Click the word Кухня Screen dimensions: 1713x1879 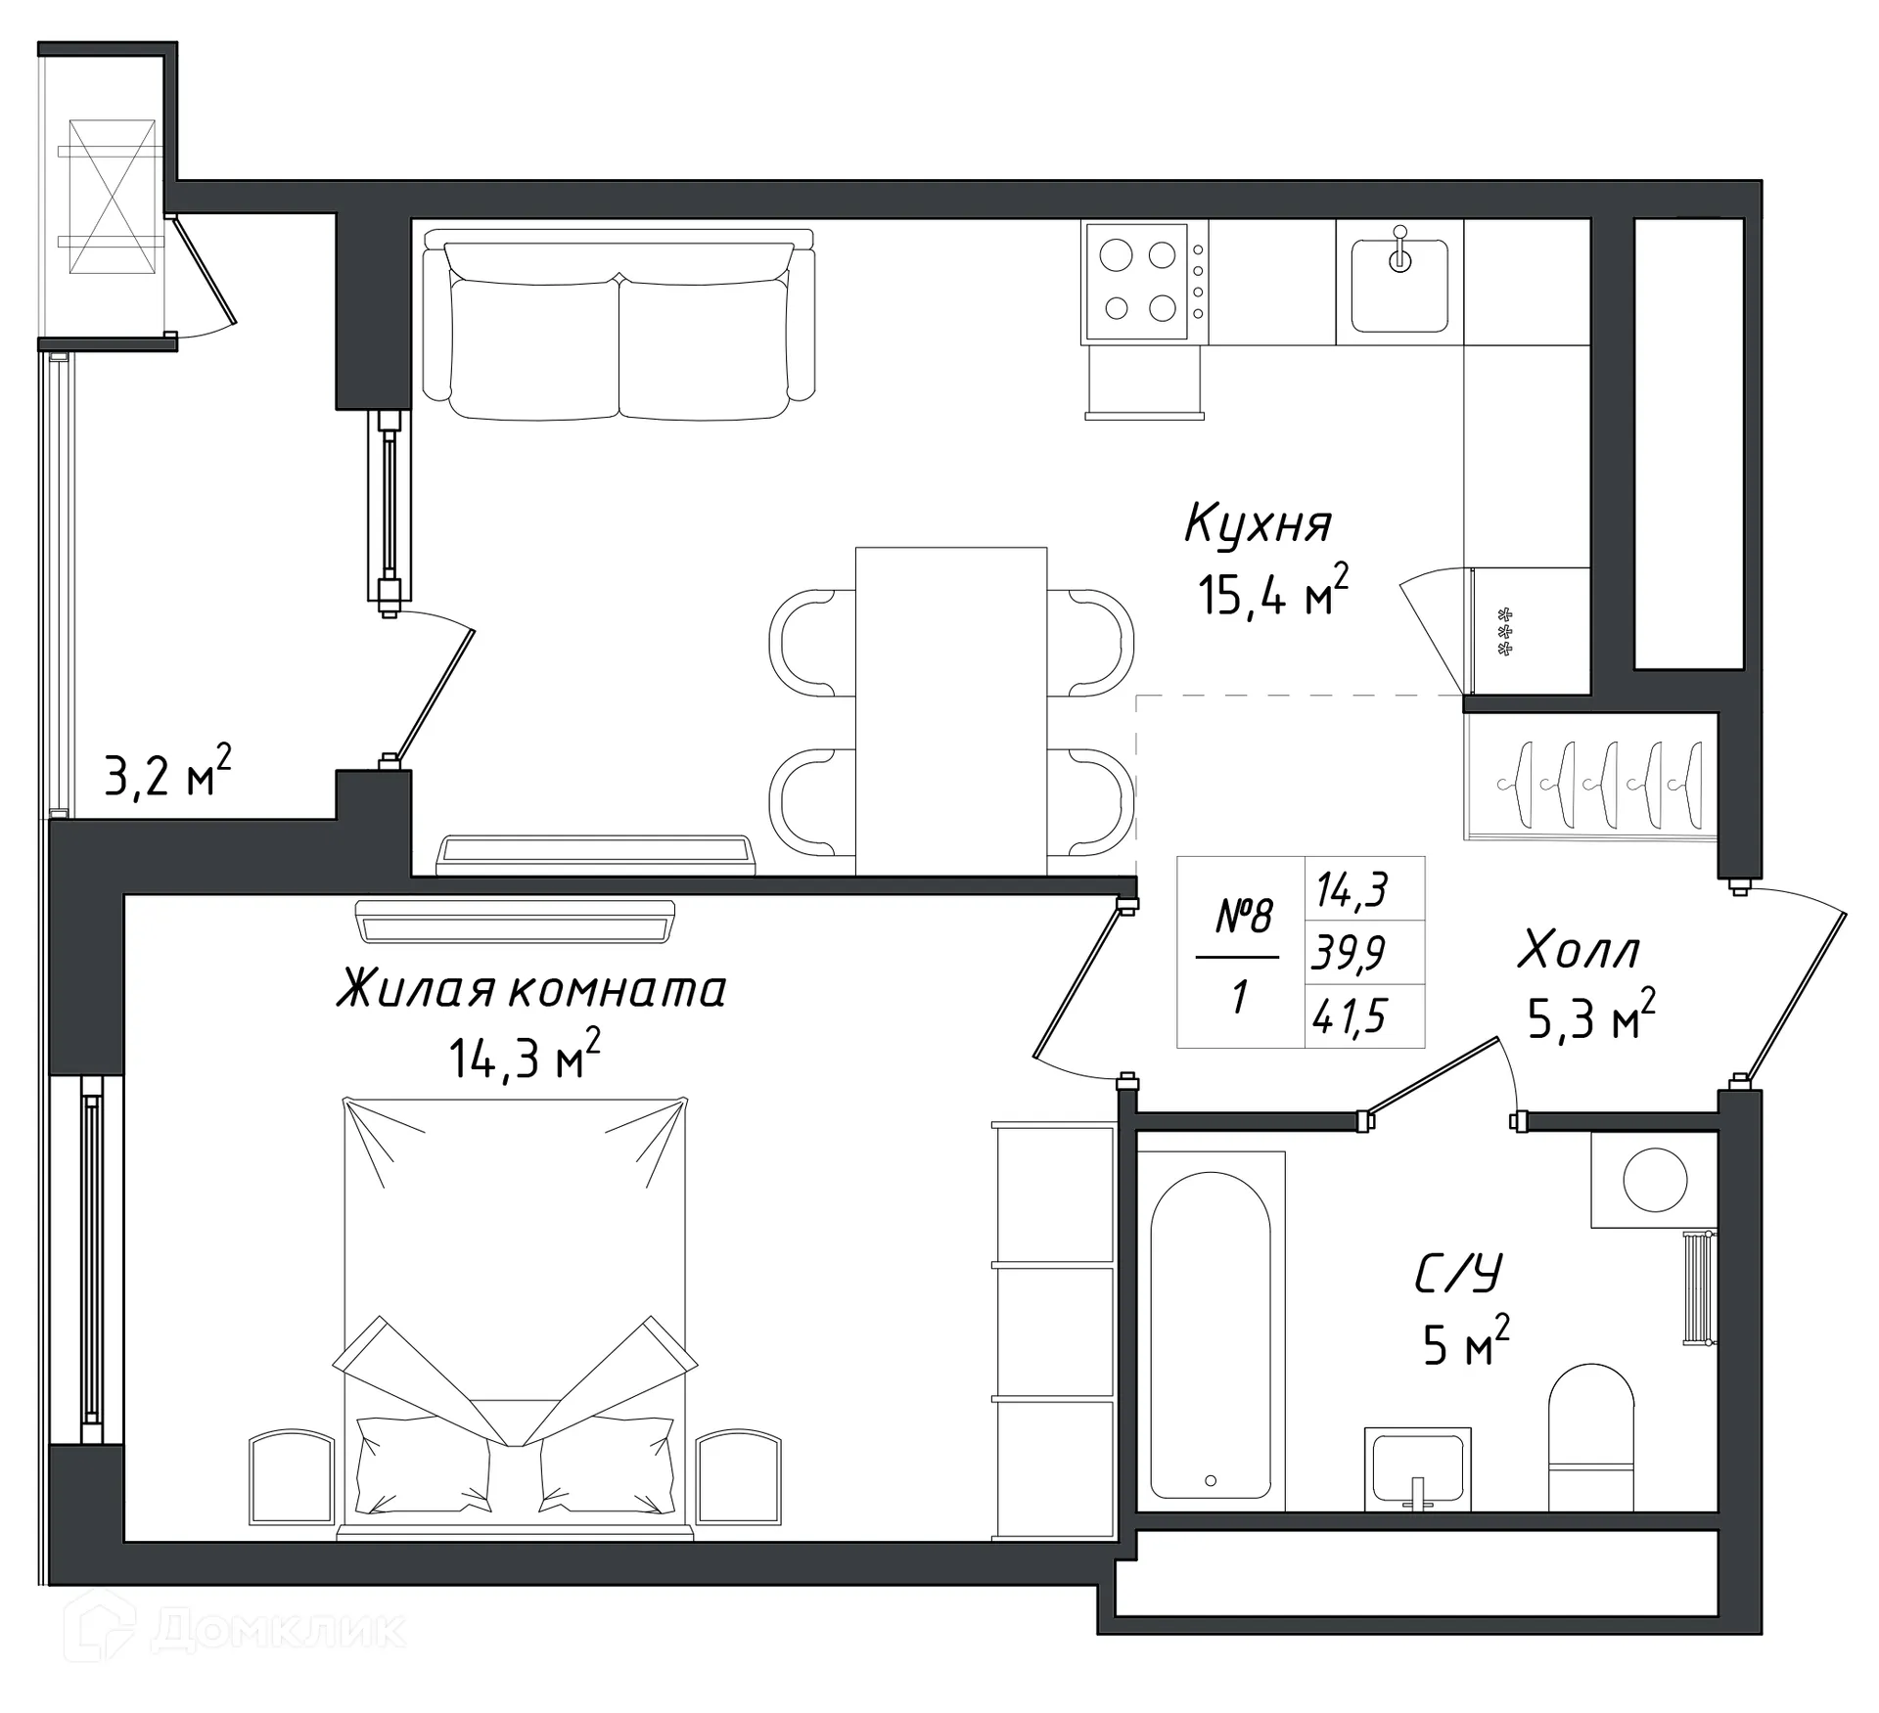(x=1258, y=524)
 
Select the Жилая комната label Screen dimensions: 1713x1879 (x=531, y=989)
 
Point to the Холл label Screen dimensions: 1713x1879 (x=1579, y=951)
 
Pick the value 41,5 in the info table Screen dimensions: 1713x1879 (x=1350, y=1016)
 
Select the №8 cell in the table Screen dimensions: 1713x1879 (x=1244, y=917)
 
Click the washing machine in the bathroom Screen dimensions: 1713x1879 (x=1654, y=1180)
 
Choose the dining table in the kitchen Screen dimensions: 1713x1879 (x=950, y=711)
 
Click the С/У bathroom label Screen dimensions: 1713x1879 (x=1457, y=1274)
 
